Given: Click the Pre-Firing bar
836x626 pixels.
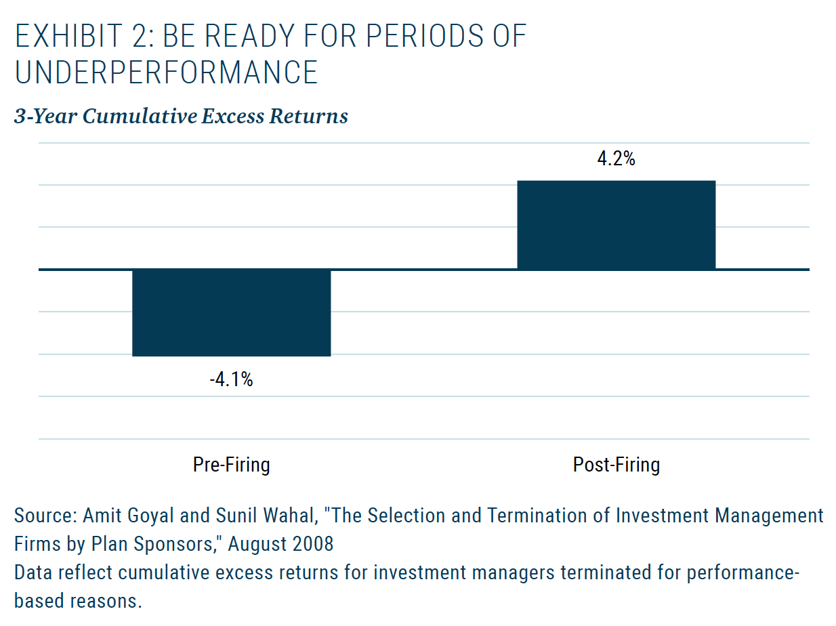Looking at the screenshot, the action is click(231, 312).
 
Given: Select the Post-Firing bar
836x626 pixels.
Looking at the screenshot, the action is click(616, 225).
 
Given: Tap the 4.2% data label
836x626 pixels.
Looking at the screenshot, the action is click(616, 159).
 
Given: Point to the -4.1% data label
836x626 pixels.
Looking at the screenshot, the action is click(231, 379).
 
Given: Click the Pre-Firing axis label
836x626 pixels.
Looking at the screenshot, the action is click(231, 465).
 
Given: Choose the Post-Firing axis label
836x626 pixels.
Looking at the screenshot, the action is click(616, 465).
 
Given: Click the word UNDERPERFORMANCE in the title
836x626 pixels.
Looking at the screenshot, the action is click(166, 72).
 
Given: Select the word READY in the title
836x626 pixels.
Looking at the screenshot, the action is click(249, 36).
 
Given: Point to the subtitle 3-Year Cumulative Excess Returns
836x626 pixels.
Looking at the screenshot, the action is click(181, 116).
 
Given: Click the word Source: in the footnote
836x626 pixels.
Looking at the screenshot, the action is click(45, 516).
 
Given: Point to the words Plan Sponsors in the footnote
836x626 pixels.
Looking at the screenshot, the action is click(152, 545).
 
